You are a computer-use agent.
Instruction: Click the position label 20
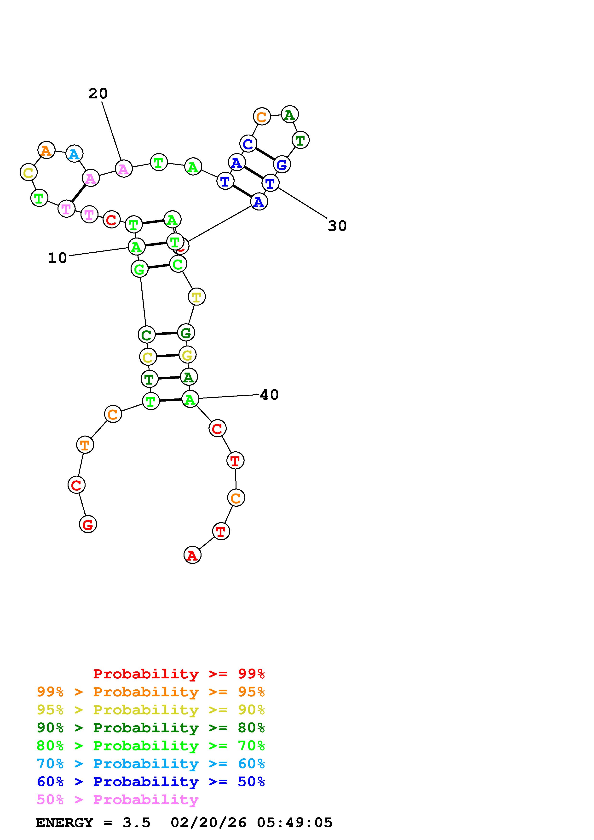coord(98,94)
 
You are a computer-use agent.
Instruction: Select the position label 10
coord(58,258)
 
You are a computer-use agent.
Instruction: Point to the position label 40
coord(269,395)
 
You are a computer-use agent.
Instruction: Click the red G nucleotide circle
coord(88,524)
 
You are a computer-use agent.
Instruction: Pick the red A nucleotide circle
coord(192,555)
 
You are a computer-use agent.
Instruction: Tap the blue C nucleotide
coord(248,144)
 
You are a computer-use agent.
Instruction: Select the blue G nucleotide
coord(282,165)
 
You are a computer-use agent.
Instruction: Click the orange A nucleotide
coord(46,150)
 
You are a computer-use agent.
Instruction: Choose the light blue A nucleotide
coord(74,154)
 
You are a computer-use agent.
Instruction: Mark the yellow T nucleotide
coord(196,296)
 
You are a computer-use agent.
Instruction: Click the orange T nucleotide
coord(85,445)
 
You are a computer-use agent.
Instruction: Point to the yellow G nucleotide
coord(187,355)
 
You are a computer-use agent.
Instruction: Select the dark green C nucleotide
coord(146,335)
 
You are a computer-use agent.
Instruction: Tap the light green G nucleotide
coord(139,270)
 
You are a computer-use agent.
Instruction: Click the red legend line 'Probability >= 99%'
coord(179,674)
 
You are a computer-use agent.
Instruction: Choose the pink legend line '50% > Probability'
coord(117,800)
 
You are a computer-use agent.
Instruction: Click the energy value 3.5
coord(137,823)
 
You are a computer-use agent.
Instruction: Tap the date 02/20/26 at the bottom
coord(209,823)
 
